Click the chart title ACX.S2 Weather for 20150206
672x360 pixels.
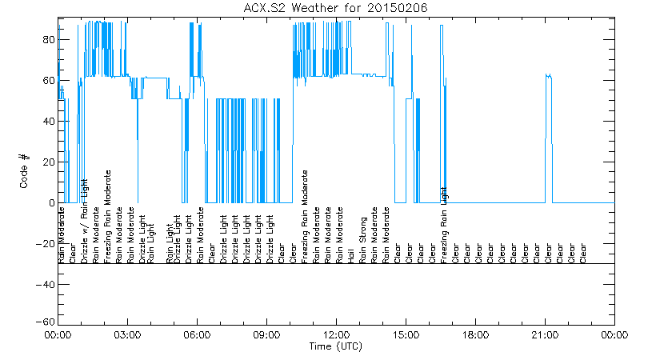click(x=335, y=8)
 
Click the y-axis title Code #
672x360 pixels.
click(x=25, y=171)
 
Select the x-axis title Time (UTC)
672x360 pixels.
click(x=336, y=346)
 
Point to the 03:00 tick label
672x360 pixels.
click(x=128, y=334)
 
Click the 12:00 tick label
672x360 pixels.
click(x=336, y=334)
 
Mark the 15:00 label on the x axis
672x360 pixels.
click(x=406, y=334)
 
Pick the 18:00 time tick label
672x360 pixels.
click(x=475, y=334)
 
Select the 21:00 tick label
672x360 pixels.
click(x=545, y=334)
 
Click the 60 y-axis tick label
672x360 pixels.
click(x=47, y=81)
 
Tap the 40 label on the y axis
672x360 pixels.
click(x=47, y=122)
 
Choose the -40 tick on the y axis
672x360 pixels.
click(x=45, y=285)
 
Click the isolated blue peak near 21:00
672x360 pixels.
click(x=548, y=76)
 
